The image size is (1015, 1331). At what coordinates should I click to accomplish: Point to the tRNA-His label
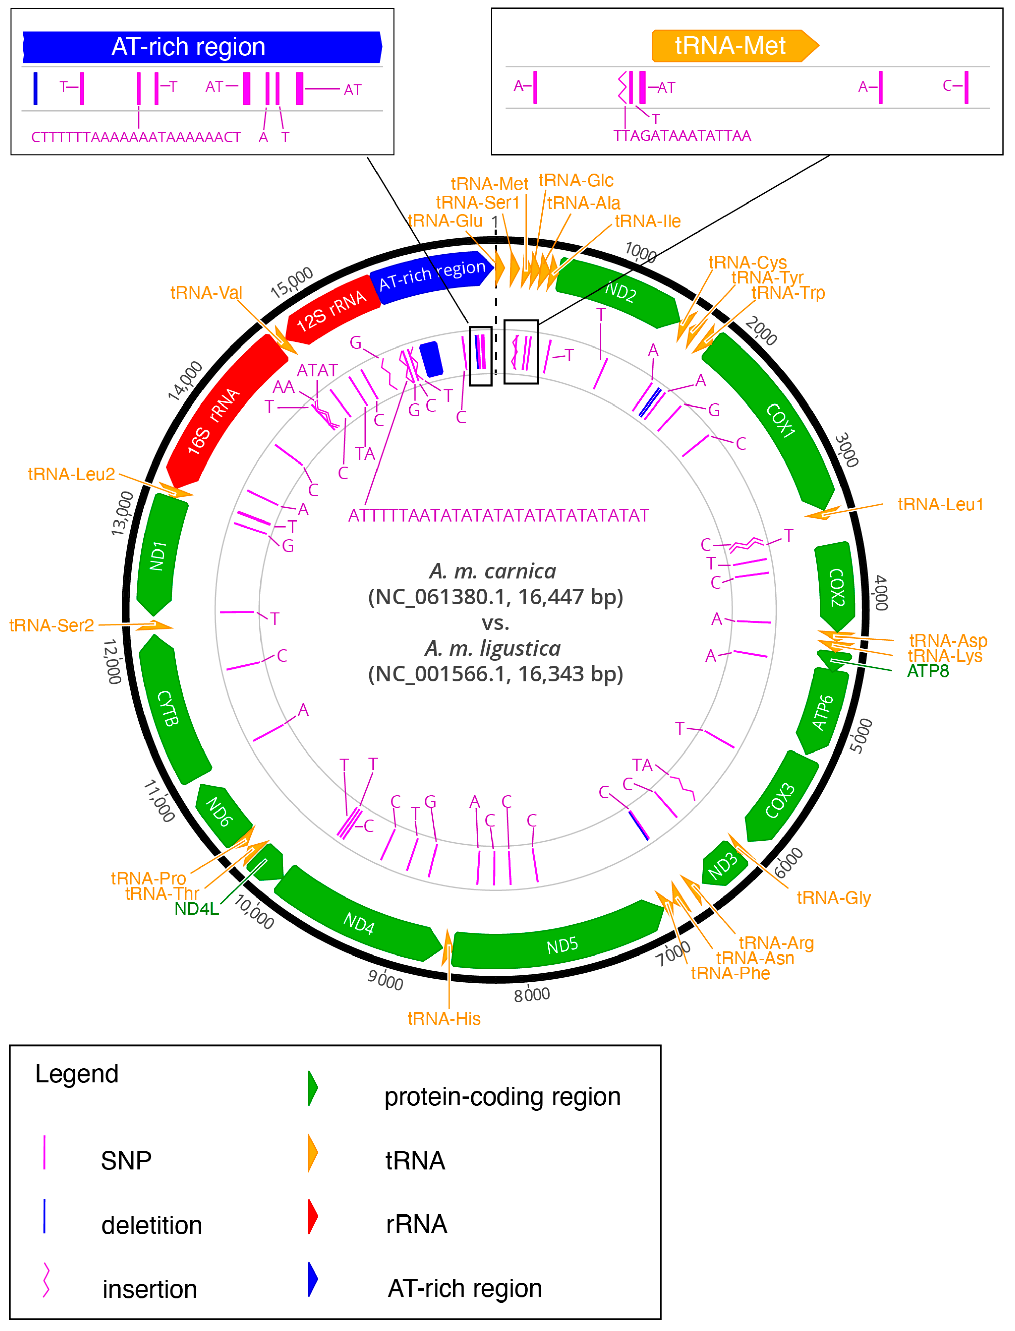point(444,1019)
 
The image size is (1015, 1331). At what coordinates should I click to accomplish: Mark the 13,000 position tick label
point(123,513)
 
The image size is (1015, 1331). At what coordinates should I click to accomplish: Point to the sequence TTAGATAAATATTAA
point(682,136)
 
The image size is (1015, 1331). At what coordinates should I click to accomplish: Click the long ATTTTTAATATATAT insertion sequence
point(499,515)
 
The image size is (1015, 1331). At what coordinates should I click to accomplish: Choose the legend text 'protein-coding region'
point(502,1096)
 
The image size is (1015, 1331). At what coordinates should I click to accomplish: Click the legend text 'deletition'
point(152,1225)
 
